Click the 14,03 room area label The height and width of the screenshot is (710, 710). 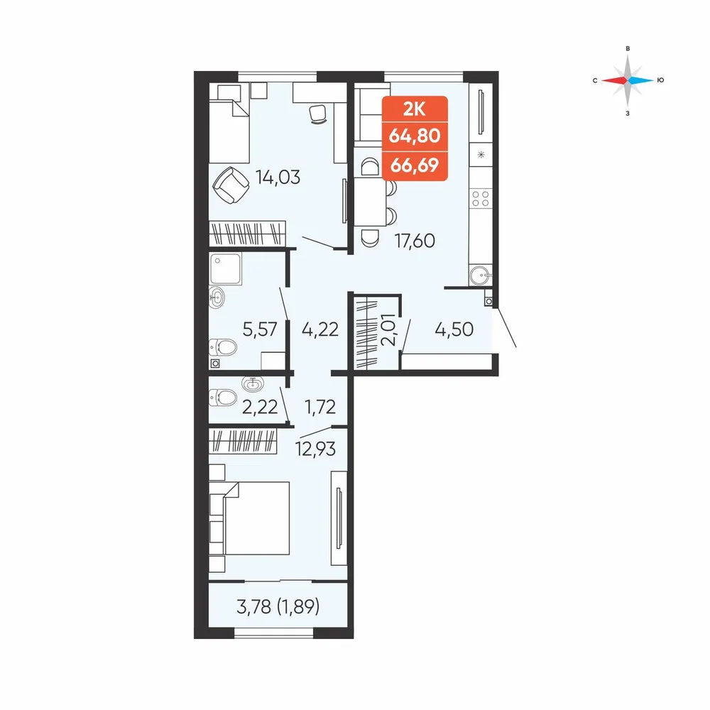click(278, 177)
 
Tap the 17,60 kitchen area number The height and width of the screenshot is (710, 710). click(415, 241)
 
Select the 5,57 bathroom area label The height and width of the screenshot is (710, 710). click(259, 329)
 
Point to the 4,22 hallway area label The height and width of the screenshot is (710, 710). click(320, 329)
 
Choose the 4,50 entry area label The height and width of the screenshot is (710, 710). click(454, 329)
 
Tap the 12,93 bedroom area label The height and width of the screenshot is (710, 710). click(316, 449)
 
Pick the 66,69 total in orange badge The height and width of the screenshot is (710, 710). click(415, 165)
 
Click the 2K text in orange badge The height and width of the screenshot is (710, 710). click(415, 109)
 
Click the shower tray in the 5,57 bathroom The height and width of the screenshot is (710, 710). click(226, 268)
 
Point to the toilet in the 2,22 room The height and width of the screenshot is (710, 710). click(223, 398)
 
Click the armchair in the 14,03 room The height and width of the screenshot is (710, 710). click(231, 185)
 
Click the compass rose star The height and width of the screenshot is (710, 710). click(628, 81)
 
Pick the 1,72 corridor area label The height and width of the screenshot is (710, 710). click(320, 407)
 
